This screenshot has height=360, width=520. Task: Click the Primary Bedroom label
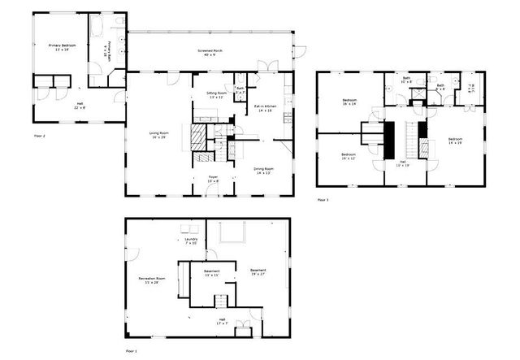coord(61,47)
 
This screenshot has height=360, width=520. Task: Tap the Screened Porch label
coord(210,53)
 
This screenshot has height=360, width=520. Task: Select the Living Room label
coord(158,135)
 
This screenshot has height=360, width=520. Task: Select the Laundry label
coord(192,241)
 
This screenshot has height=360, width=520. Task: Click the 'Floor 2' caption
coord(39,135)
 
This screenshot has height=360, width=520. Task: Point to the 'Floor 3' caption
coord(323,199)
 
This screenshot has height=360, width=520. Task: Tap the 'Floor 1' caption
coord(131,350)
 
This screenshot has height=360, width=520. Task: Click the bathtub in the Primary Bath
coord(95,29)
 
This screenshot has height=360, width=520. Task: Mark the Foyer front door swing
coord(211,190)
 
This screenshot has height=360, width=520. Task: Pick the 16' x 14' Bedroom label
coord(349,102)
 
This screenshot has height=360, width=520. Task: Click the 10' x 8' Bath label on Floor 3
coord(407,80)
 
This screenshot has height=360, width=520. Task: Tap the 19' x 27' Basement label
coord(258,272)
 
